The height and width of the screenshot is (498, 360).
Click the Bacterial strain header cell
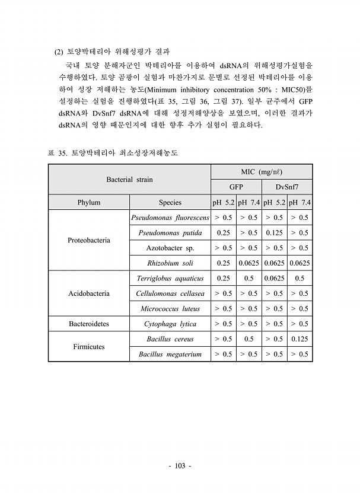[x=129, y=178]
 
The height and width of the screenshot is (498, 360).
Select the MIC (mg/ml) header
[x=262, y=171]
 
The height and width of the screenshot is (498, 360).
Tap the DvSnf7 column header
[x=287, y=187]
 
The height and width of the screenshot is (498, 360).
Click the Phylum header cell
[x=88, y=202]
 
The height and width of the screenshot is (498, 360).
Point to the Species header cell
[x=170, y=202]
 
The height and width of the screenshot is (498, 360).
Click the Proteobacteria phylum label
[x=88, y=240]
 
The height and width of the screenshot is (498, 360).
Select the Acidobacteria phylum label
[x=88, y=293]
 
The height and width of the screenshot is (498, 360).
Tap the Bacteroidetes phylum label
[x=88, y=324]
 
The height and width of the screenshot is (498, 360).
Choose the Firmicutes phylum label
[x=88, y=347]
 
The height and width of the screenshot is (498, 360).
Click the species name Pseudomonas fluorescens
[x=170, y=218]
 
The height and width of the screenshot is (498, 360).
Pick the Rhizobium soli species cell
[x=170, y=263]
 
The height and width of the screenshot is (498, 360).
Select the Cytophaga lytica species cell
[x=170, y=324]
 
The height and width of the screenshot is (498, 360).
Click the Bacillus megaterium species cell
[x=170, y=355]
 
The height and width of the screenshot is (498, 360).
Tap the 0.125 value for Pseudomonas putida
[x=274, y=233]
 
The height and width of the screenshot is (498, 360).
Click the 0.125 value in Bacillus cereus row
[x=300, y=339]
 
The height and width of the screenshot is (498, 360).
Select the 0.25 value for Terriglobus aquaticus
[x=224, y=278]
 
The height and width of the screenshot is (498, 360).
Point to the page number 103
[x=180, y=467]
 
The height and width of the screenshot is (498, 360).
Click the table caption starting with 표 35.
[x=113, y=153]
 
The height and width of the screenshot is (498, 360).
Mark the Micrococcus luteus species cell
[x=170, y=309]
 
